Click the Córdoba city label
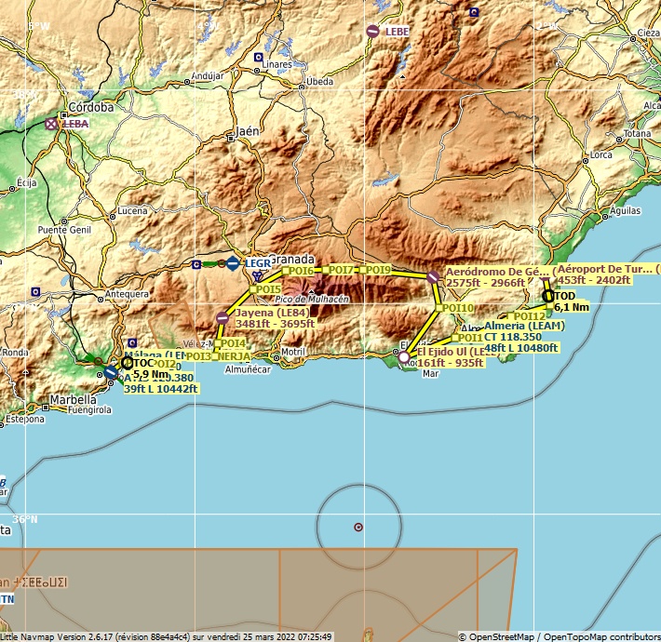91,107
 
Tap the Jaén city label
248,131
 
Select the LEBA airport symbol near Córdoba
51,123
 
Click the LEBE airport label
397,32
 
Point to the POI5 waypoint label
268,289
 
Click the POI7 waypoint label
343,270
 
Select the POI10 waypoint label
457,308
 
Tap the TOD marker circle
548,296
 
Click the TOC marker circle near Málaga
128,363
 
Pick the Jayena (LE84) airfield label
272,314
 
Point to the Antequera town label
128,294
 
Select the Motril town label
292,352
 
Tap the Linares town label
277,65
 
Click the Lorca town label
600,155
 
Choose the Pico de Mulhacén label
313,299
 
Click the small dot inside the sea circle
358,528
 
